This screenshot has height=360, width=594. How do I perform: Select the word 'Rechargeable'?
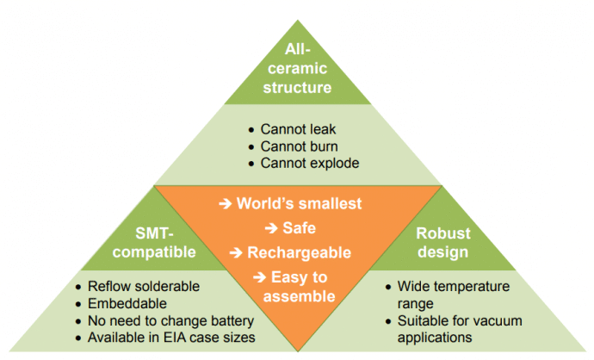(x=299, y=252)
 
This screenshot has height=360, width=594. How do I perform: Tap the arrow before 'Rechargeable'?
(x=235, y=252)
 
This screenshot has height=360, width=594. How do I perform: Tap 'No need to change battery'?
(x=171, y=320)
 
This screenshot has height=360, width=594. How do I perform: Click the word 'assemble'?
(x=297, y=296)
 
